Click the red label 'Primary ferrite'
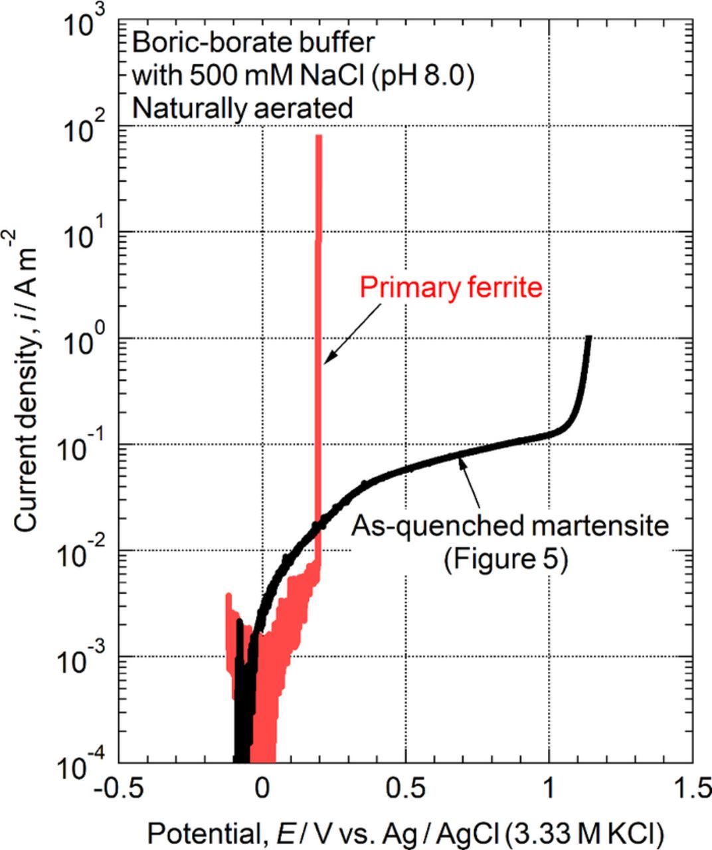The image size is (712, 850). click(451, 288)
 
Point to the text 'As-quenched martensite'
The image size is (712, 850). click(509, 527)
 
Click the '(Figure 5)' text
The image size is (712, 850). click(505, 560)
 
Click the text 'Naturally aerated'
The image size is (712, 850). click(242, 108)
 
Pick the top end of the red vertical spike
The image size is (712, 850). click(319, 137)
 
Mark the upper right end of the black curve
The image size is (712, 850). click(588, 337)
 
